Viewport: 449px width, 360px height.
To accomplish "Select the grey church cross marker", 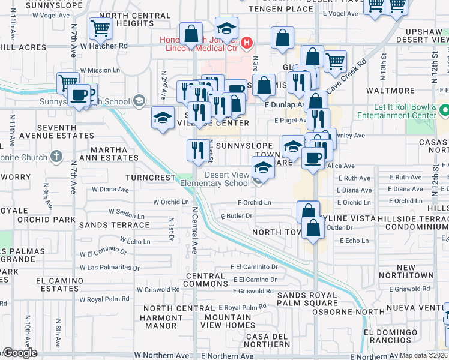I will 57,157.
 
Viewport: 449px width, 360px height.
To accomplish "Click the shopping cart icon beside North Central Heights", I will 100,28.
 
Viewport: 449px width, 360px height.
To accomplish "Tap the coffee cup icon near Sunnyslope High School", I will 79,95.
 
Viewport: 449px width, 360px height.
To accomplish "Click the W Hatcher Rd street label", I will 104,46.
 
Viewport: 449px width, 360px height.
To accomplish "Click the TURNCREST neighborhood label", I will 151,178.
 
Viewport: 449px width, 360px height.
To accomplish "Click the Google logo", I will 20,353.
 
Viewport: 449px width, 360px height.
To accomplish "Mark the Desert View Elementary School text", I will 227,179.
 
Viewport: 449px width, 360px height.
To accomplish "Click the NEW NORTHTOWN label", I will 415,271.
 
